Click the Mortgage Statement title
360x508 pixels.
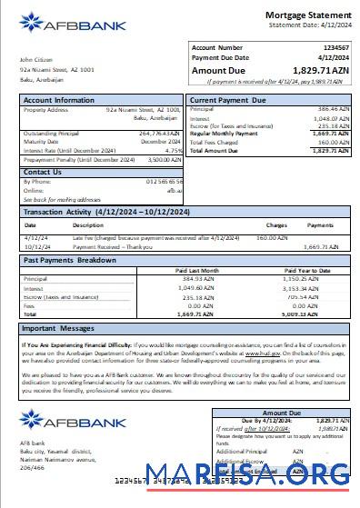pos(306,15)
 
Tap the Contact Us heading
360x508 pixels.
pos(43,171)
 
